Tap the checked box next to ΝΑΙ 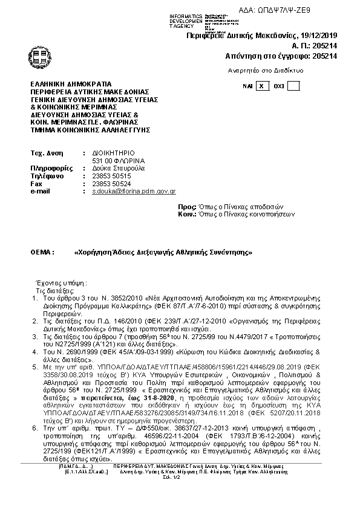coord(261,86)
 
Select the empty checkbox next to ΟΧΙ coord(293,86)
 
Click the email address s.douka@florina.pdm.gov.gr coord(133,191)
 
